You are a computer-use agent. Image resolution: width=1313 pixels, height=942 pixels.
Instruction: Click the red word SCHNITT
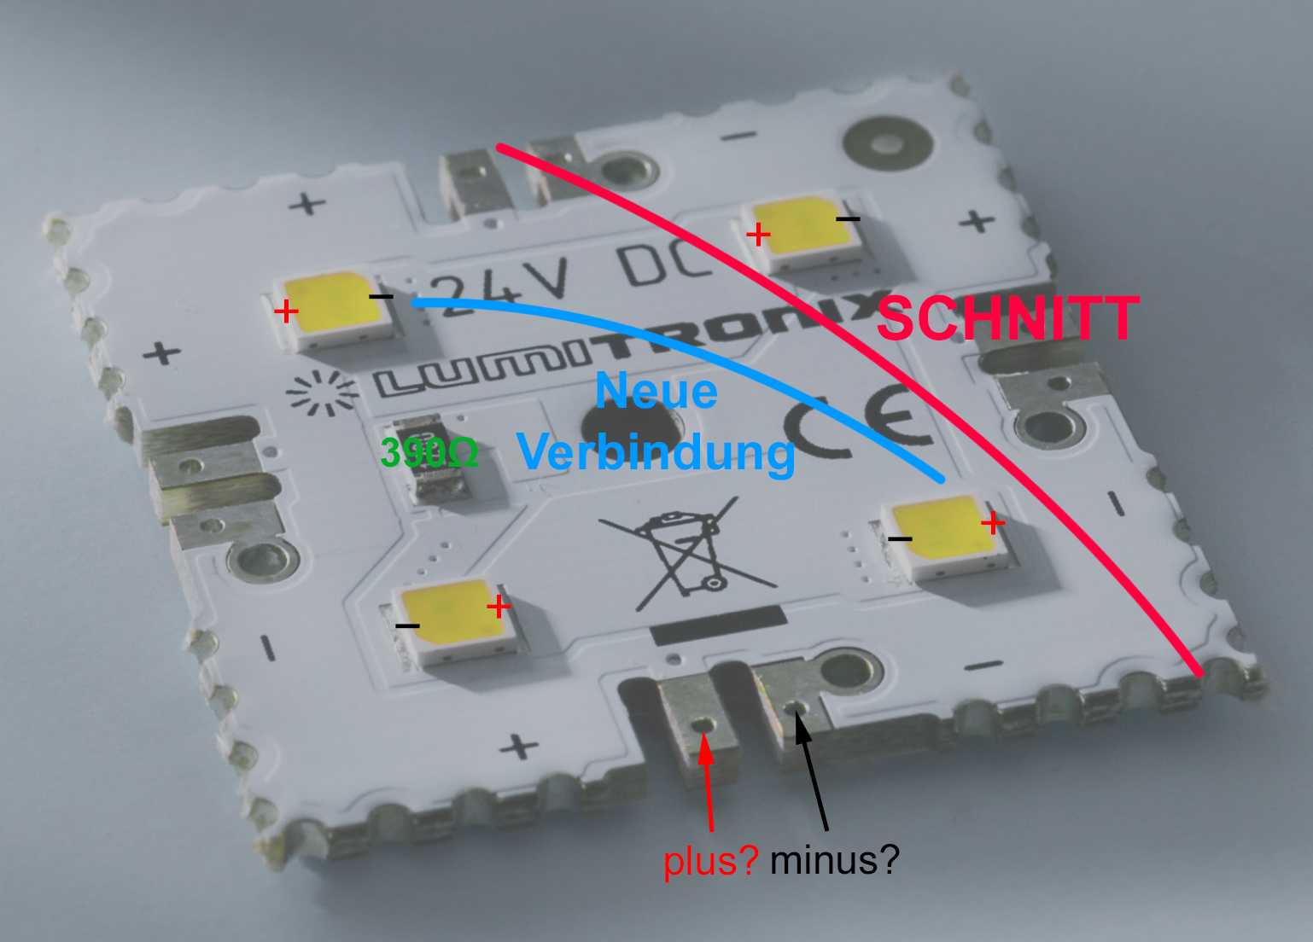click(x=1008, y=317)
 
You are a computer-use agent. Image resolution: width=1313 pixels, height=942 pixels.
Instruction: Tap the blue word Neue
click(x=656, y=391)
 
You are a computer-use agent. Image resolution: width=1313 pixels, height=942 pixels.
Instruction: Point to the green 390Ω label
click(x=429, y=453)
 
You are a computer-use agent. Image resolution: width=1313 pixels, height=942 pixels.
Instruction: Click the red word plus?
click(x=711, y=861)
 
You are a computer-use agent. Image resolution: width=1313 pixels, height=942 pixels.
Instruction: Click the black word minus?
click(x=835, y=860)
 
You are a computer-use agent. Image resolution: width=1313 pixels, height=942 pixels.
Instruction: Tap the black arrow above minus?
click(x=811, y=772)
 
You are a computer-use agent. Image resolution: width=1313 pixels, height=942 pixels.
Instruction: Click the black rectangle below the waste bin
click(x=719, y=625)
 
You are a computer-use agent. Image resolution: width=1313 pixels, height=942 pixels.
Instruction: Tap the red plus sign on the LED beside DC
click(x=758, y=235)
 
